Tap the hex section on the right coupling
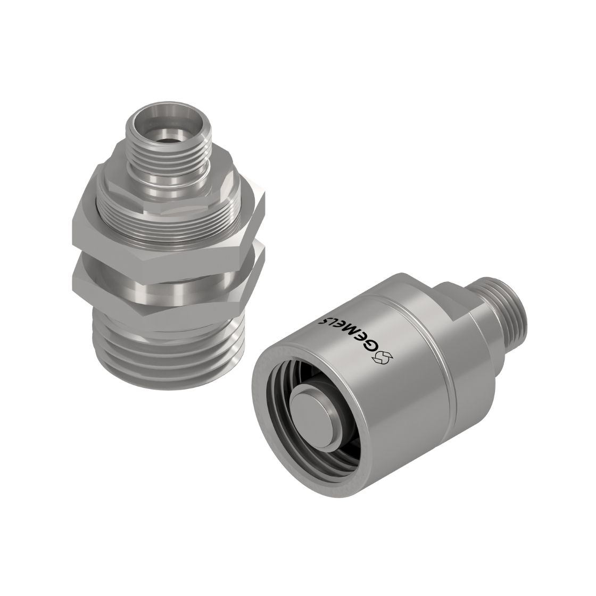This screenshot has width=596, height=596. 454,300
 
